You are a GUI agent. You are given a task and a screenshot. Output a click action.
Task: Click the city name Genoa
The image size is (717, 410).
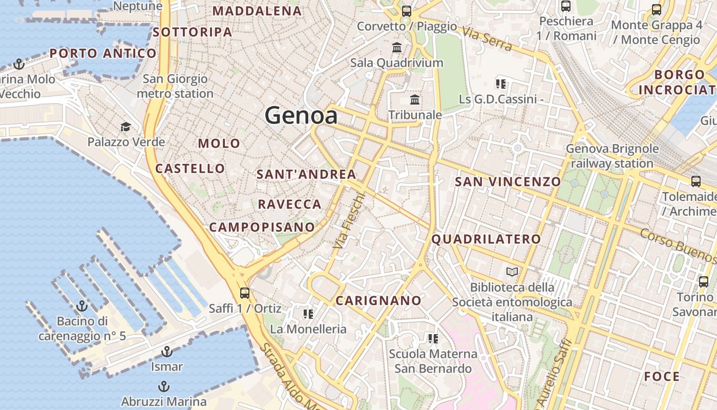[x=301, y=116]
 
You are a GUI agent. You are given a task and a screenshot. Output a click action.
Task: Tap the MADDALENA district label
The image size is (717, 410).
[x=257, y=11]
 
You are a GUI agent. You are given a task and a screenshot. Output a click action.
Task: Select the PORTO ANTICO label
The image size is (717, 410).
[x=103, y=53]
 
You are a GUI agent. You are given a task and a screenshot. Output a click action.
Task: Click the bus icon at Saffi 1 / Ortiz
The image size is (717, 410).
[x=245, y=293]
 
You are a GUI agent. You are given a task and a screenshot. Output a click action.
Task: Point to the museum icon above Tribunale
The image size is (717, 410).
[x=415, y=99]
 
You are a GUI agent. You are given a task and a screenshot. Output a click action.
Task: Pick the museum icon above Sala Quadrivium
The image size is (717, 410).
[x=397, y=48]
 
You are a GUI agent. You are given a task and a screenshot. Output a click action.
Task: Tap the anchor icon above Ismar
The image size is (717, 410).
[x=166, y=352]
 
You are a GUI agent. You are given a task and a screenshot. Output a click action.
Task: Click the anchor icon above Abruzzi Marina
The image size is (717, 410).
[x=164, y=386]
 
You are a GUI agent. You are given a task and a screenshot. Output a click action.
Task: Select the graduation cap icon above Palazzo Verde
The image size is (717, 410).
[x=125, y=127]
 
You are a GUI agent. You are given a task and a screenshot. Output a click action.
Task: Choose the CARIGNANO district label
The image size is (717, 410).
[x=378, y=301]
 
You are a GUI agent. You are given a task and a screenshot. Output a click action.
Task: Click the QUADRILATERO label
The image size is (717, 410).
[x=486, y=239]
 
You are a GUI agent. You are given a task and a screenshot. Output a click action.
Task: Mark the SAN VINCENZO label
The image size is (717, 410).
[x=508, y=181]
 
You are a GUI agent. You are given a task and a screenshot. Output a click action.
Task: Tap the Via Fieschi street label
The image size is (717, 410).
[x=348, y=221]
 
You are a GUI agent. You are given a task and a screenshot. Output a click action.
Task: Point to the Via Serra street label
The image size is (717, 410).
[x=487, y=38]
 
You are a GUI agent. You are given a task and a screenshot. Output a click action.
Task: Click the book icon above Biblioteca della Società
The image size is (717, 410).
[x=512, y=272]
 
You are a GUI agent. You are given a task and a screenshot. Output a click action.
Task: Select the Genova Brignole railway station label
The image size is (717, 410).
[x=612, y=156]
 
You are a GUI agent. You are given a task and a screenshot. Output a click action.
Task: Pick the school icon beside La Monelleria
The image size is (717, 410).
[x=308, y=314]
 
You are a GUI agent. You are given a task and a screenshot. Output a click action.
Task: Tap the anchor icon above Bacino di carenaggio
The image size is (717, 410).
[x=82, y=306]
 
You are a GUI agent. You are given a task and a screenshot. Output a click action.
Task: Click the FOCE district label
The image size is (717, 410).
[x=662, y=377]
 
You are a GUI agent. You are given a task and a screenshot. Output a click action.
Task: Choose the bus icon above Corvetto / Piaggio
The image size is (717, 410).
[x=407, y=11]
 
